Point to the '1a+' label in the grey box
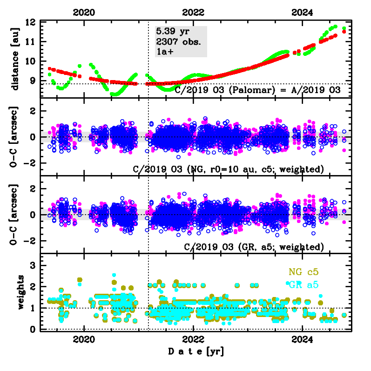pos(165,52)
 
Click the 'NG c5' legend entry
pos(304,272)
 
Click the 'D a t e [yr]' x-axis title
pos(196,352)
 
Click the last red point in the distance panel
pos(344,32)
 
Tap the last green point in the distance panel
pos(344,28)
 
